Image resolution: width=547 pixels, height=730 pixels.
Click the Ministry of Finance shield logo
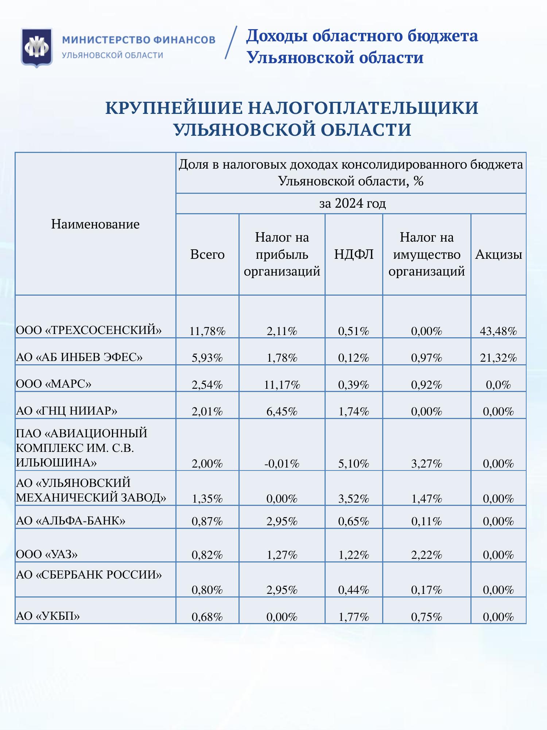pos(36,47)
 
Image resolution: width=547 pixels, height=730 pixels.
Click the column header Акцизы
pos(498,254)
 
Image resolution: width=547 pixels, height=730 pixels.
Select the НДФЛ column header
pos(354,254)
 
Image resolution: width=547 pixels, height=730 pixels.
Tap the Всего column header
pos(207,254)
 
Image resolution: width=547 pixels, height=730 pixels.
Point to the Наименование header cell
pos(95,224)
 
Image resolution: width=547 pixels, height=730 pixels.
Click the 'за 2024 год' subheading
pos(352,203)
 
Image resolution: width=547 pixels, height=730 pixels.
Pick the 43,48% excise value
pos(498,331)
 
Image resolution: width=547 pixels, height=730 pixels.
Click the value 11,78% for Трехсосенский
pos(207,331)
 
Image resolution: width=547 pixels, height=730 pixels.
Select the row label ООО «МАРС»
pos(54,384)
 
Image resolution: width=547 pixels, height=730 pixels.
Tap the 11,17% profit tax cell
pos(282,385)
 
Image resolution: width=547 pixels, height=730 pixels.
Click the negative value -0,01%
pos(282,464)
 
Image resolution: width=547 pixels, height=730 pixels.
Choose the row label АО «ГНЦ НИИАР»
pos(67,411)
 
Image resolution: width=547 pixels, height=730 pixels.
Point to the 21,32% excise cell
pos(498,358)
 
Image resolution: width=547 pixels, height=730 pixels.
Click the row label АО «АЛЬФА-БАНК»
pos(71,520)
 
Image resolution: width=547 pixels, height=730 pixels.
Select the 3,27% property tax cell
pos(427,464)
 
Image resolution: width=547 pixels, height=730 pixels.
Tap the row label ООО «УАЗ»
pos(47,554)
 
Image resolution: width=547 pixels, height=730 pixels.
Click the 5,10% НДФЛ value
pos(354,464)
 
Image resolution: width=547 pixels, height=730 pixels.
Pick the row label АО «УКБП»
pos(48,616)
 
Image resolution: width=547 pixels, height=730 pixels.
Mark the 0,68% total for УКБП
pos(207,617)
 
